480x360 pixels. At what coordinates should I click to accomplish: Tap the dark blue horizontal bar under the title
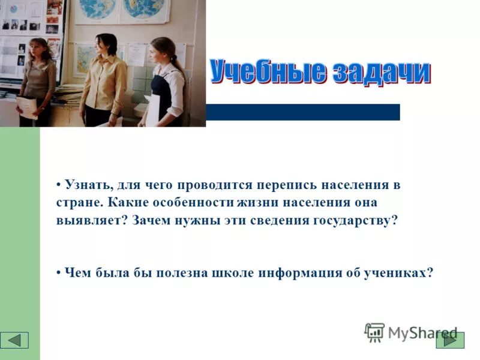[302, 112]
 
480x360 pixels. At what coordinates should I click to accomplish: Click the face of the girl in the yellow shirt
[106, 46]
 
